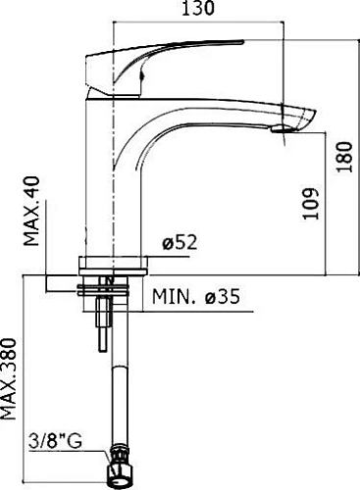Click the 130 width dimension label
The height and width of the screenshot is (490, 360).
pyautogui.click(x=198, y=8)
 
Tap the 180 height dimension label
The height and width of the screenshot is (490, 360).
pyautogui.click(x=344, y=157)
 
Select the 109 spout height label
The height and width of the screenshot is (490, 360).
pyautogui.click(x=310, y=203)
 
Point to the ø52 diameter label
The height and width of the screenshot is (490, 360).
pyautogui.click(x=180, y=243)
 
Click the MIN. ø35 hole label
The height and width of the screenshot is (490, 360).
pyautogui.click(x=196, y=297)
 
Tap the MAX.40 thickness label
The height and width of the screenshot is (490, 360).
pyautogui.click(x=32, y=211)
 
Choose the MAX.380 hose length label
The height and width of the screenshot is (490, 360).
pyautogui.click(x=8, y=379)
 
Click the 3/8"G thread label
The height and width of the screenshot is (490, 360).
pyautogui.click(x=55, y=441)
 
